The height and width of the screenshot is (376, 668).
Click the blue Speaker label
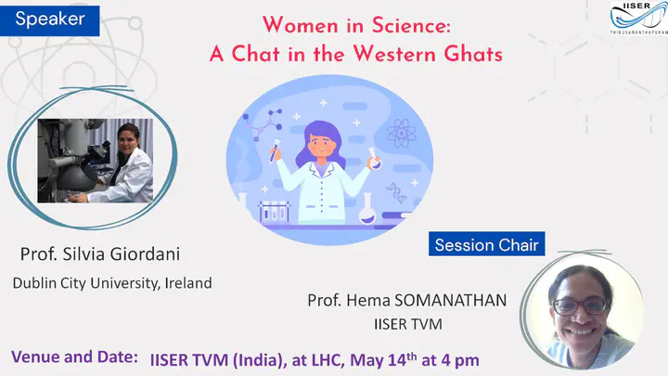point(50,20)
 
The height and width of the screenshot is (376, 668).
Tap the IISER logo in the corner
point(638,18)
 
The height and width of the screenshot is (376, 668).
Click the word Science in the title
point(411,25)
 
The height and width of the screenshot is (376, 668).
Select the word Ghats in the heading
point(473,54)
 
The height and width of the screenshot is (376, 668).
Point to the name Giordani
point(145,254)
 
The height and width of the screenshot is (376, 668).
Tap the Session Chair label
point(486,244)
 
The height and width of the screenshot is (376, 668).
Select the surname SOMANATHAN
point(451,300)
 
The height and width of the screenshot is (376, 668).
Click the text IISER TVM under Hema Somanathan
point(408,324)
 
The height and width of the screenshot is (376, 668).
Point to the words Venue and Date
point(74,357)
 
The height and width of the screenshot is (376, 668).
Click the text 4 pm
point(460,360)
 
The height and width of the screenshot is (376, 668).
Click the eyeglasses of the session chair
point(581,306)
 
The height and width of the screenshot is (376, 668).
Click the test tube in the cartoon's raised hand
point(274,151)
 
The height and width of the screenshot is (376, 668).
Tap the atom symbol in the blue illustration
point(401,134)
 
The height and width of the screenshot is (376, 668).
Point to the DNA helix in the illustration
point(397,193)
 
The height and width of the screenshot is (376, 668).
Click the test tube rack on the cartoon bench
point(274,211)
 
